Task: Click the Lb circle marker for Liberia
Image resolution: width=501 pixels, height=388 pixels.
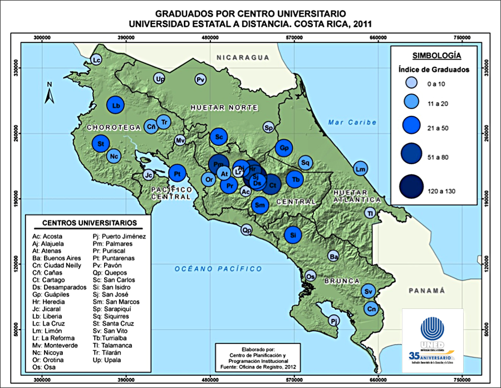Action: pyautogui.click(x=116, y=105)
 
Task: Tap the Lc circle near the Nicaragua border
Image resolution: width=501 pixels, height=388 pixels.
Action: pyautogui.click(x=96, y=60)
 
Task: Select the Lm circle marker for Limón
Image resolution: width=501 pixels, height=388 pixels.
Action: pyautogui.click(x=361, y=169)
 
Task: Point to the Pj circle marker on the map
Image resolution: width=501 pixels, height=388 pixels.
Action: pyautogui.click(x=333, y=321)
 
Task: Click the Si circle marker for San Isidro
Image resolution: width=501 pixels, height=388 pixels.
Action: pyautogui.click(x=293, y=234)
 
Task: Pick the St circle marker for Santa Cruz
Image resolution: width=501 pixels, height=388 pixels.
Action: pyautogui.click(x=101, y=144)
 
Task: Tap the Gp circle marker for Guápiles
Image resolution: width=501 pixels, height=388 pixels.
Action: pyautogui.click(x=284, y=148)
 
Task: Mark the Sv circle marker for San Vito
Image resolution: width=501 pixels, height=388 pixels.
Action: pyautogui.click(x=368, y=291)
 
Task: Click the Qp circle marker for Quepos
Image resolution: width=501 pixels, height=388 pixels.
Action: pyautogui.click(x=247, y=229)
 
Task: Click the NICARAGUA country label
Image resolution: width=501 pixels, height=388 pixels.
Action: pyautogui.click(x=243, y=57)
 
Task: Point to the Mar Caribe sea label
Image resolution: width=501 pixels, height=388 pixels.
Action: pyautogui.click(x=352, y=122)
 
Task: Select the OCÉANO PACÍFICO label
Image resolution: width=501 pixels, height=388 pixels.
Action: pyautogui.click(x=218, y=269)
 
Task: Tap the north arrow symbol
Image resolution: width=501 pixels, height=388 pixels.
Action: pyautogui.click(x=49, y=93)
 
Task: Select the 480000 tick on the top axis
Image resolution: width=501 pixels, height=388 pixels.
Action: pyautogui.click(x=210, y=37)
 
